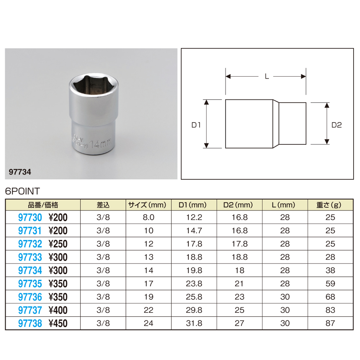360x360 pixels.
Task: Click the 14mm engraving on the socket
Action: [100, 144]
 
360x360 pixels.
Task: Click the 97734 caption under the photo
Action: [20, 172]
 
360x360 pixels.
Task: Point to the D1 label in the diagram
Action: [196, 125]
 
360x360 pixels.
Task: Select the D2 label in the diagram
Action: [336, 125]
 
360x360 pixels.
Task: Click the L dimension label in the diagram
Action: [266, 76]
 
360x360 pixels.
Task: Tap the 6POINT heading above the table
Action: [22, 191]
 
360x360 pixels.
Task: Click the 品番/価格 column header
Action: [43, 205]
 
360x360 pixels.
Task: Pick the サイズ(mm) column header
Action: [147, 205]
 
